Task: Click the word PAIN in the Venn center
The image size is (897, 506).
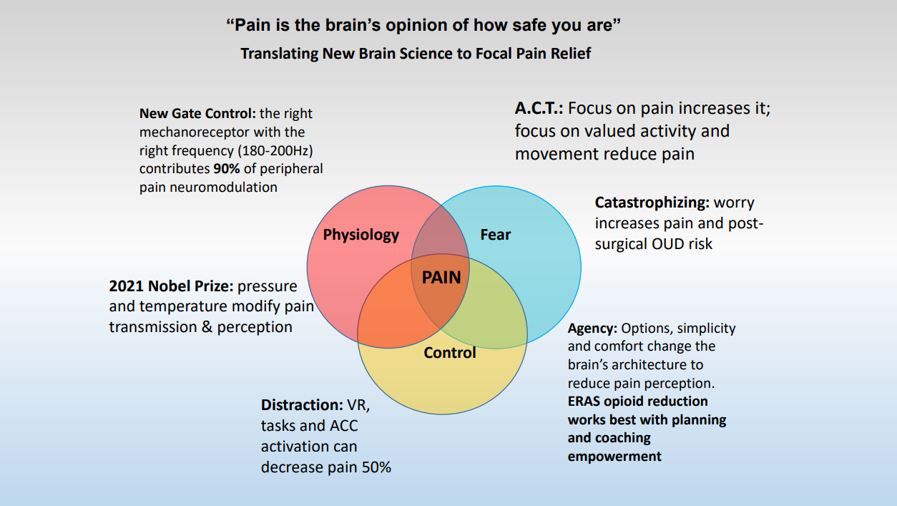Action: pyautogui.click(x=441, y=277)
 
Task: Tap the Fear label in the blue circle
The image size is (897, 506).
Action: pyautogui.click(x=495, y=234)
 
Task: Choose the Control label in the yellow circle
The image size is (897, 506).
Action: pyautogui.click(x=450, y=353)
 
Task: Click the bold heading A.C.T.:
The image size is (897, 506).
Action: pyautogui.click(x=539, y=108)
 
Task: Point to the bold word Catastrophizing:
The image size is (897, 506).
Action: pyautogui.click(x=652, y=203)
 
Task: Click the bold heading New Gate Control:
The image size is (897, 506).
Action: pyautogui.click(x=197, y=113)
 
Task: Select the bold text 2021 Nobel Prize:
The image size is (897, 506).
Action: pyautogui.click(x=171, y=286)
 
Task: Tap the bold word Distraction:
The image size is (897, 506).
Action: pyautogui.click(x=302, y=405)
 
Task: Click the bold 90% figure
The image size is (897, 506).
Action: pyautogui.click(x=227, y=169)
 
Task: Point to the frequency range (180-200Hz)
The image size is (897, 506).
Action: pyautogui.click(x=275, y=150)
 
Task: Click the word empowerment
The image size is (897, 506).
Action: pyautogui.click(x=614, y=457)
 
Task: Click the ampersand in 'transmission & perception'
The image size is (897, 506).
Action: pyautogui.click(x=207, y=327)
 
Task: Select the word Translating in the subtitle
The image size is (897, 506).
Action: pyautogui.click(x=279, y=53)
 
